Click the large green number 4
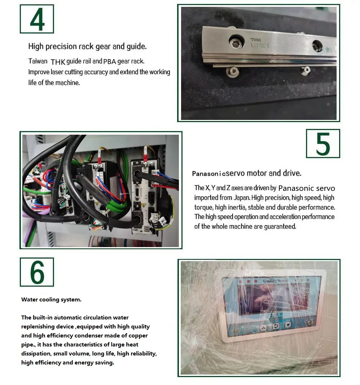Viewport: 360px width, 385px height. click(37, 19)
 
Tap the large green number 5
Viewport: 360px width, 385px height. click(323, 144)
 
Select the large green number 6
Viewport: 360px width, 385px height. click(37, 272)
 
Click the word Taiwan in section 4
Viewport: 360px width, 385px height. click(38, 61)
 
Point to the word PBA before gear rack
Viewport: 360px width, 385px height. click(109, 61)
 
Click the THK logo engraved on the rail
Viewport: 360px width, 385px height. click(256, 40)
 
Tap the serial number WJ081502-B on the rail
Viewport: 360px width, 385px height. click(260, 45)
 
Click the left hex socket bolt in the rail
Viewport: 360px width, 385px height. click(236, 42)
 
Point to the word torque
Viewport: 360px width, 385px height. click(203, 207)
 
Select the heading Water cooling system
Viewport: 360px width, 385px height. click(51, 300)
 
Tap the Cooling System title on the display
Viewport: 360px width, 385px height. click(275, 281)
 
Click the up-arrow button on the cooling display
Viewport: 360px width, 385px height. click(263, 327)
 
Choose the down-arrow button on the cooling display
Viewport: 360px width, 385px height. click(288, 325)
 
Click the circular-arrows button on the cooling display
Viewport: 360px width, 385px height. click(276, 326)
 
